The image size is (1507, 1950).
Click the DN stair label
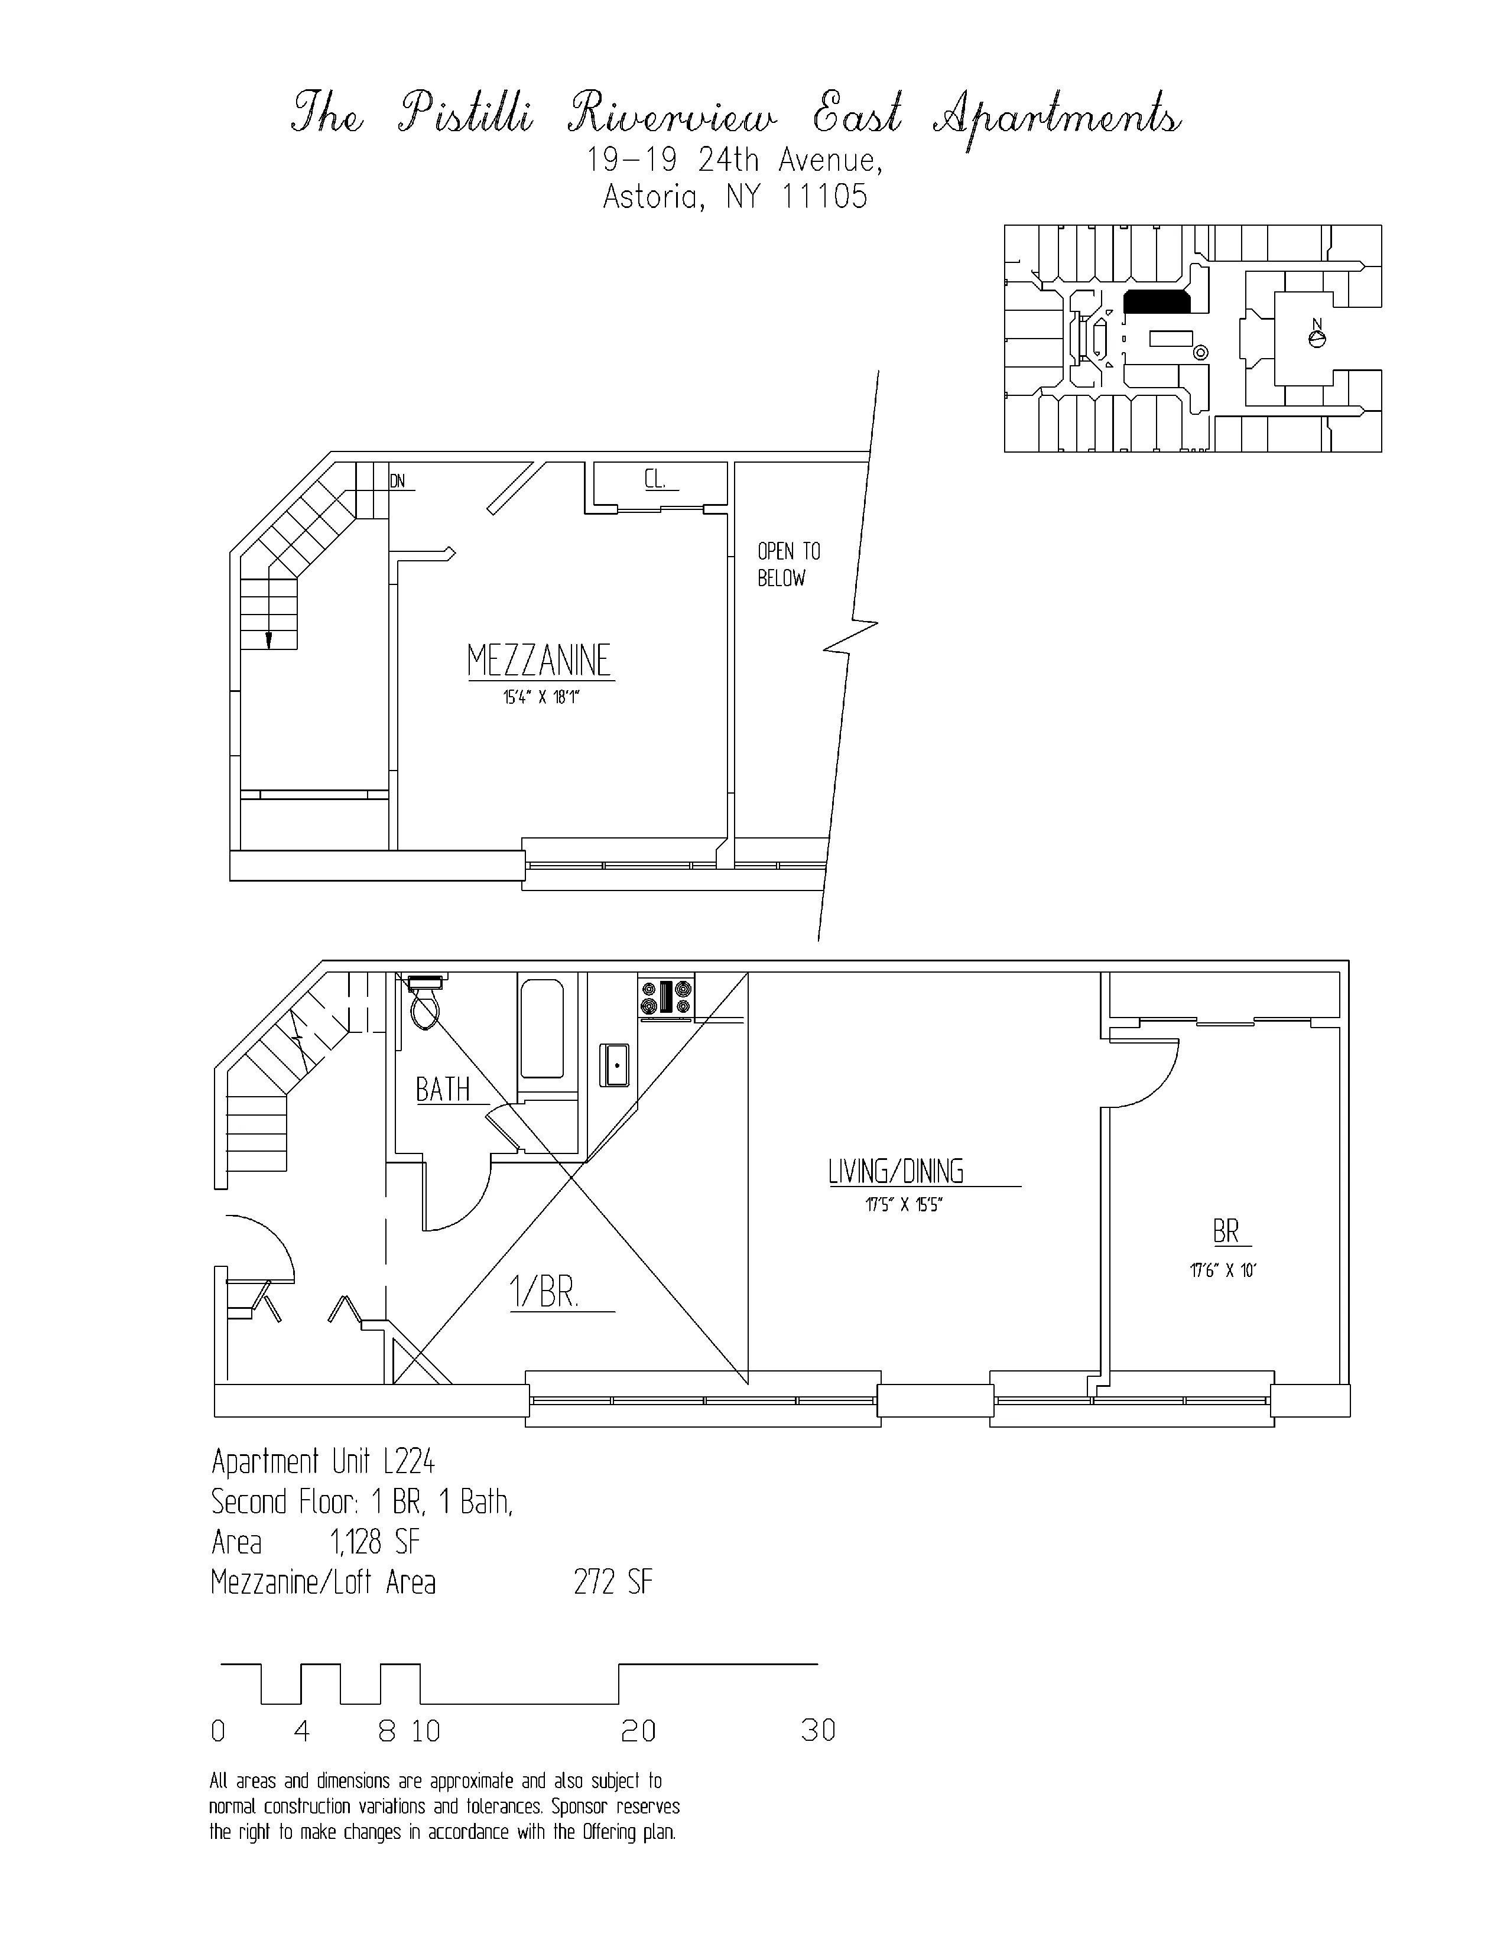[x=397, y=481]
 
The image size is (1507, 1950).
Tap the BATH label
[x=443, y=1089]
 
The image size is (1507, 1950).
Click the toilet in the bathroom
[x=425, y=1005]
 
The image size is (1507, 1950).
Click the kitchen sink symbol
[x=615, y=1065]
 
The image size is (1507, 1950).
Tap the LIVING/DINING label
[x=895, y=1171]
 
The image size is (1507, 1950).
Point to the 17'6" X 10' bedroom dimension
[x=1222, y=1270]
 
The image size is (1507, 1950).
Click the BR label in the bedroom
[x=1226, y=1232]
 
